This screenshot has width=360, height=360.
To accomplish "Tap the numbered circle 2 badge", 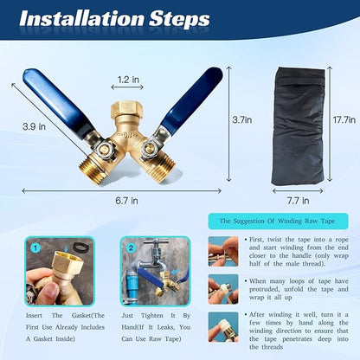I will (x=131, y=247).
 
